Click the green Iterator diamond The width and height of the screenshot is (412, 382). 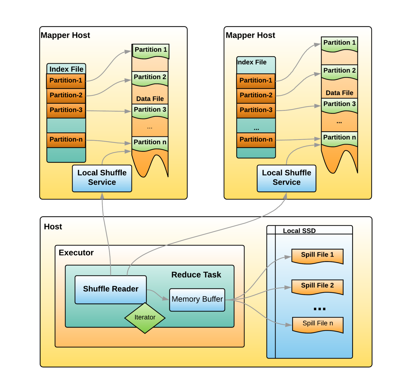click(145, 318)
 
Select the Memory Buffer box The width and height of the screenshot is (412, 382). click(197, 300)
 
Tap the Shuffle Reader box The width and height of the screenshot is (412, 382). click(111, 289)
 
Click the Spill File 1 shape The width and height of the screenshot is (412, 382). click(317, 255)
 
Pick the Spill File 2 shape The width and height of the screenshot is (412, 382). click(317, 286)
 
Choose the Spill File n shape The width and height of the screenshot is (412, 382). click(318, 324)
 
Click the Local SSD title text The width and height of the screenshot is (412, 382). click(299, 231)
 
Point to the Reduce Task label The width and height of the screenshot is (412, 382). click(196, 275)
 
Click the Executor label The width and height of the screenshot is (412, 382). click(76, 253)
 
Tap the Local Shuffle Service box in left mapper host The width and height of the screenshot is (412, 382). click(102, 178)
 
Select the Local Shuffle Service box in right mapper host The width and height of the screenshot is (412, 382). click(286, 178)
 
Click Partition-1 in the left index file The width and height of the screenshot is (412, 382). click(66, 81)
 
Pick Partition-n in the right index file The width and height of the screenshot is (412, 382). click(256, 140)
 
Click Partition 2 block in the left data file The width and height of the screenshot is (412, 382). click(150, 78)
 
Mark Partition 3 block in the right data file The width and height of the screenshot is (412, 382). click(339, 105)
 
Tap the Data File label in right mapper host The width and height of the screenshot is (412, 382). click(339, 93)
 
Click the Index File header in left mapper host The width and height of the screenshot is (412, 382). click(66, 69)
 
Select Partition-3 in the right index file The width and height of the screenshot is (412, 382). click(256, 110)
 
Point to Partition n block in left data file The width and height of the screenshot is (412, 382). click(150, 143)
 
